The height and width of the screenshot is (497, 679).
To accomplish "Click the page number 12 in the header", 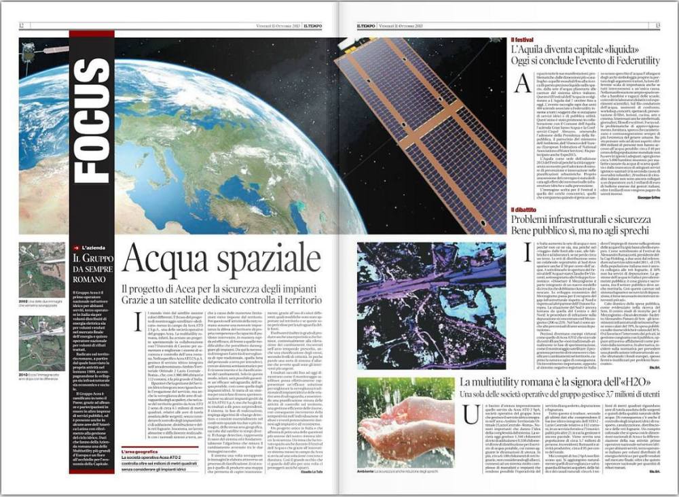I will tap(22, 26).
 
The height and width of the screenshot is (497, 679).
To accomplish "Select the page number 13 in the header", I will tap(657, 26).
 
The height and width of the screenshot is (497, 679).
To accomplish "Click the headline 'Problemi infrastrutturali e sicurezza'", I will tap(581, 220).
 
